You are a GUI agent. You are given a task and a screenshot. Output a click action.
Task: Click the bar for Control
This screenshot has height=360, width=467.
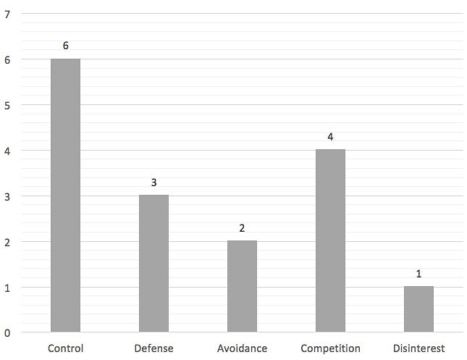click(65, 196)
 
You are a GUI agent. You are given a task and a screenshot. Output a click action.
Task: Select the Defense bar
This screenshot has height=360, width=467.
click(153, 264)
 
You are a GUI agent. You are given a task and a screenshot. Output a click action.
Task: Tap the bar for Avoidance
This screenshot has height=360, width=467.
click(242, 287)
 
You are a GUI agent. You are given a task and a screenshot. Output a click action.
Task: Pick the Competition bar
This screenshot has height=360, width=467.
click(330, 241)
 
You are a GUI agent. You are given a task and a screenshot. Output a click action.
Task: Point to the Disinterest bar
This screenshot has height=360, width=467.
click(418, 309)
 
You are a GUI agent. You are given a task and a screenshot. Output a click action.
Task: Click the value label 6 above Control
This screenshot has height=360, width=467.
click(65, 46)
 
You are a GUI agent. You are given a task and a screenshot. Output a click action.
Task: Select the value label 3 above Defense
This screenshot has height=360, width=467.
click(153, 183)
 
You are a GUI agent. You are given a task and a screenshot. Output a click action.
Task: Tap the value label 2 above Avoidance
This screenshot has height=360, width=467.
click(242, 228)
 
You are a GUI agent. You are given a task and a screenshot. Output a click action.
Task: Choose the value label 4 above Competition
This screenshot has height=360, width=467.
click(330, 137)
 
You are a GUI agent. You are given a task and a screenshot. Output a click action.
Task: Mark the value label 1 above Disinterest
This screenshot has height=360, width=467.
click(418, 274)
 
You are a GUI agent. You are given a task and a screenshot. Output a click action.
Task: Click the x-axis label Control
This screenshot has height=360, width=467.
click(65, 348)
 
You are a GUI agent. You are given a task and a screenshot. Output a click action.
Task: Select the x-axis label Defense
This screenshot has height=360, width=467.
click(153, 348)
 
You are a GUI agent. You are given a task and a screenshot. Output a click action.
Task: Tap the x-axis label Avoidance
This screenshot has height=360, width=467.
click(242, 348)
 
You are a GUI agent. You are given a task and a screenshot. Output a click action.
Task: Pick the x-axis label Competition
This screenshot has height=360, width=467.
click(330, 348)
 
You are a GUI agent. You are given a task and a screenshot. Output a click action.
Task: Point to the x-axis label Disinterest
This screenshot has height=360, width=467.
click(418, 348)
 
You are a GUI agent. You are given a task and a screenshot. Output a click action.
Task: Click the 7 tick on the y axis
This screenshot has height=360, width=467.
click(7, 14)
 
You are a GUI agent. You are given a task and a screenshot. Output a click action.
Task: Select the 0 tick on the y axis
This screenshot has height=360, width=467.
click(7, 333)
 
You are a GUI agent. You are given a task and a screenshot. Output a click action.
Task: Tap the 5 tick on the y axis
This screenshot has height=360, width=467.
click(7, 105)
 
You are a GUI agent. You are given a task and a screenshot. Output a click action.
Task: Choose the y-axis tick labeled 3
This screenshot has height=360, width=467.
click(7, 196)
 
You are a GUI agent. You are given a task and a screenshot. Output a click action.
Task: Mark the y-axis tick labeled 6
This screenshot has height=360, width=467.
click(7, 59)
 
